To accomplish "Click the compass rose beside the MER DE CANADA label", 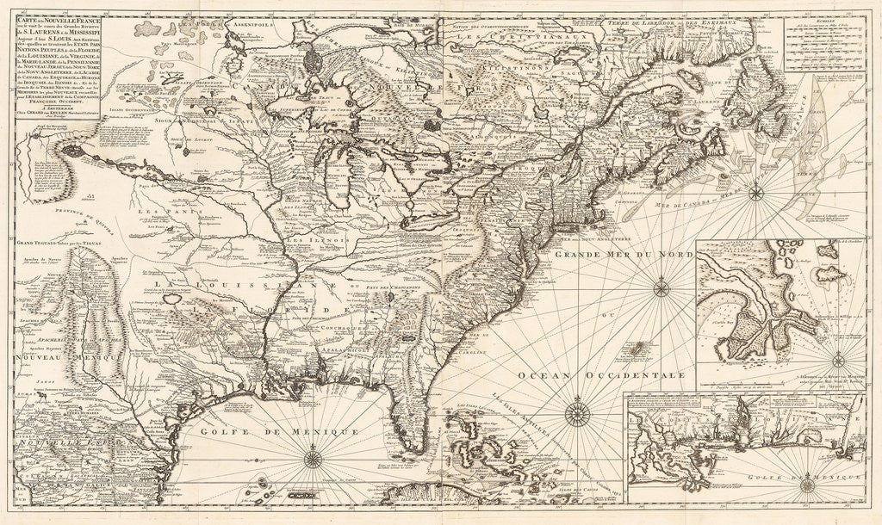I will click(x=755, y=191).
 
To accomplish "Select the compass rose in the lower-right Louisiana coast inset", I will click(x=806, y=486).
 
